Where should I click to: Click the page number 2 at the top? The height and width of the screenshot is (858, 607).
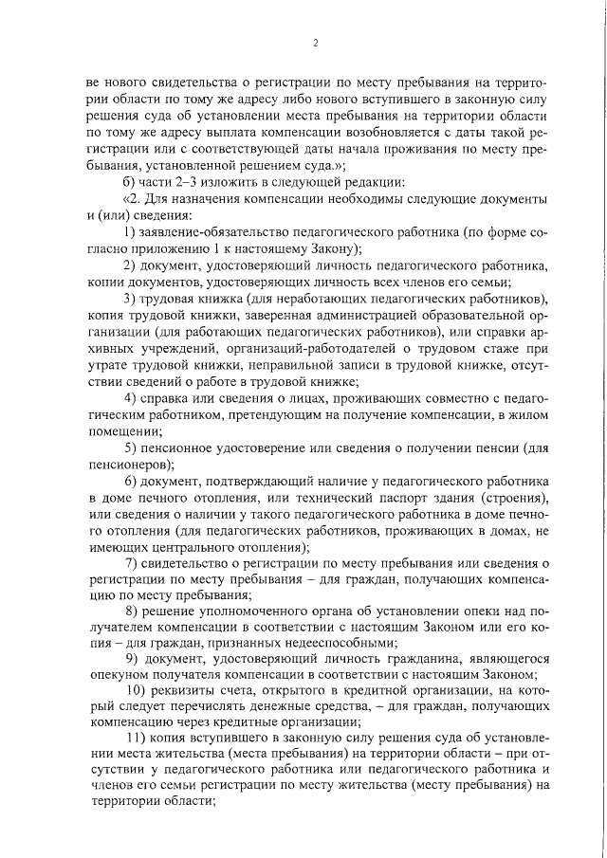coord(314,42)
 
